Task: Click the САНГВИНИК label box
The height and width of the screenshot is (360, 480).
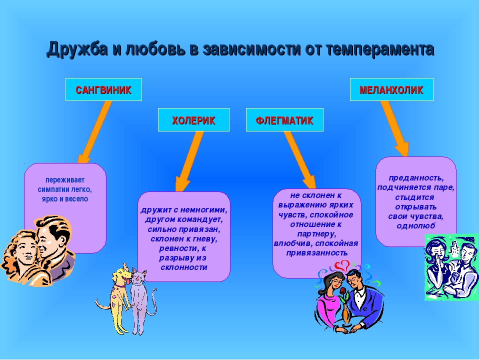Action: [103, 89]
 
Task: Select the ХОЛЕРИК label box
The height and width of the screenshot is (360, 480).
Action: [193, 119]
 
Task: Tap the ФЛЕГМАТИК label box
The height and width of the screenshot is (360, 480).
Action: [284, 119]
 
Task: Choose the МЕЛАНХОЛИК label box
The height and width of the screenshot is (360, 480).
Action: [391, 89]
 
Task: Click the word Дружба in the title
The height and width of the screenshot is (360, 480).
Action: [77, 49]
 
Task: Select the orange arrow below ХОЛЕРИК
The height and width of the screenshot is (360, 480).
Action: [189, 161]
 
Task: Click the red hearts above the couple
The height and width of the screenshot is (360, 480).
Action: [342, 265]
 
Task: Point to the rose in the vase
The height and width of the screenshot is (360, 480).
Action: [343, 291]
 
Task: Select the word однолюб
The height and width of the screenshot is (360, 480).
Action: [415, 226]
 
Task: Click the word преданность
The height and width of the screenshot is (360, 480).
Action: [416, 178]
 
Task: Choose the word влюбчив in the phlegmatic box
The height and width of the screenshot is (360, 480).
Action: [293, 243]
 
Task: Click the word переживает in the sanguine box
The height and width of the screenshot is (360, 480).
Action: [65, 180]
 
